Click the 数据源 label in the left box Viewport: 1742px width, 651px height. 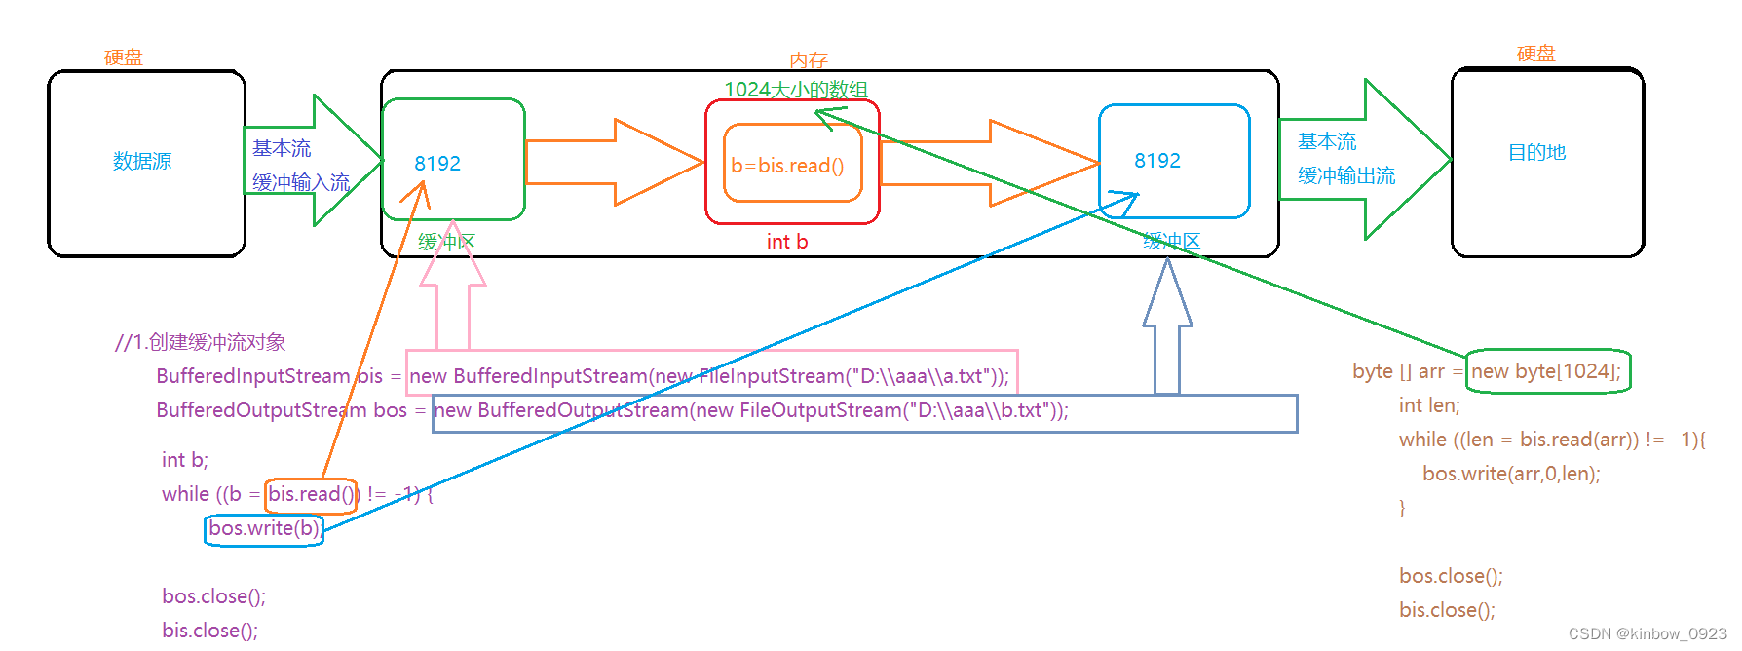coord(142,161)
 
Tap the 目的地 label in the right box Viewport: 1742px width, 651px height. coord(1536,152)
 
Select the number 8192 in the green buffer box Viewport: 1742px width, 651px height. coord(437,164)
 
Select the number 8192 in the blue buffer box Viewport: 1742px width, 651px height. coord(1156,161)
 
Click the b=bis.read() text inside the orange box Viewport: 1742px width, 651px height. coord(787,166)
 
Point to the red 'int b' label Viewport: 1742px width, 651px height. coord(786,242)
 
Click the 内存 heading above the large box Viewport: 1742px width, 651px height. coord(808,60)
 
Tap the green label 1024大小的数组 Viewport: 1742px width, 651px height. coord(795,90)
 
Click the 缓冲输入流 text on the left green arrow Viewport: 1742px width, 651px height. coord(300,182)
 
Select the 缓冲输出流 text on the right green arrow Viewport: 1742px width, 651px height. coord(1345,175)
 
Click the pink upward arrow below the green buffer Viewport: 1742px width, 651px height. coord(453,302)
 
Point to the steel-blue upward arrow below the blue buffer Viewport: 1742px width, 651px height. coord(1167,331)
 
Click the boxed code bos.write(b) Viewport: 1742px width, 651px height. coord(264,528)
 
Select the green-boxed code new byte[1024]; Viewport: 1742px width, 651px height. coord(1546,371)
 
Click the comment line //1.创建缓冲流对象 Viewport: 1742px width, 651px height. coord(200,342)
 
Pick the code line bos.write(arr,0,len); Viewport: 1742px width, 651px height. coord(1510,474)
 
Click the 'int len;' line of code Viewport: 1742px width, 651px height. coord(1429,405)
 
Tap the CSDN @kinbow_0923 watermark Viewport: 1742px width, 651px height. coord(1647,633)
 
